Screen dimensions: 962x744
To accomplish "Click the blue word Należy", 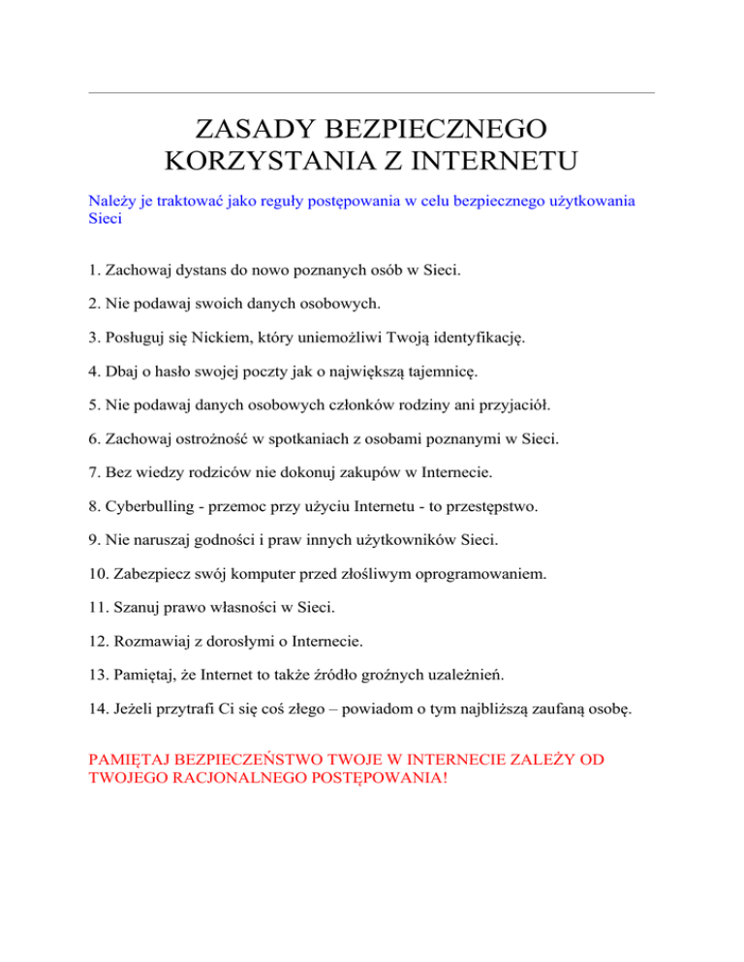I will (110, 200).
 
